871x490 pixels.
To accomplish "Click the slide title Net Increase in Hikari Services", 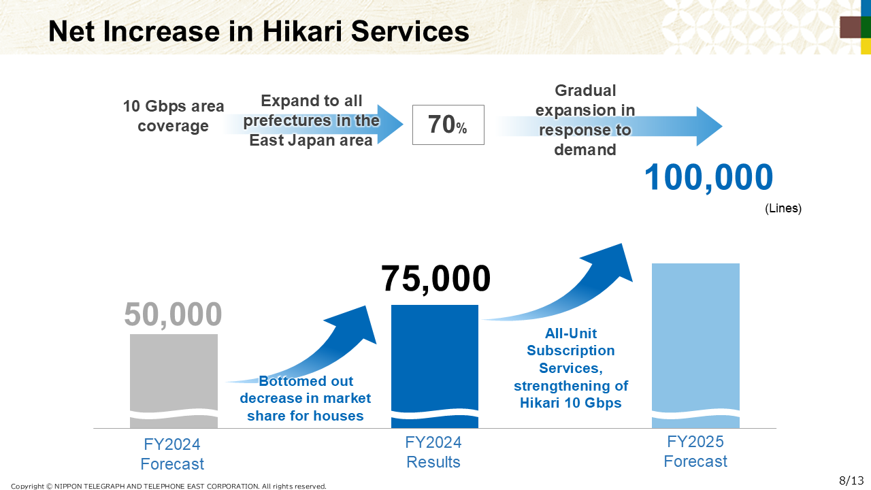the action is (x=259, y=31).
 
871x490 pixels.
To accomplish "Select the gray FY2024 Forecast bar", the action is (x=174, y=381).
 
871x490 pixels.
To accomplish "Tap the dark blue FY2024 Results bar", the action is (x=435, y=366).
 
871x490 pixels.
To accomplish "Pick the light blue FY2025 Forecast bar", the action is (x=695, y=346).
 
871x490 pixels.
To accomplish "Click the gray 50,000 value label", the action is (x=173, y=314).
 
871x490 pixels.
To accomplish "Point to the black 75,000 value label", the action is (x=436, y=278).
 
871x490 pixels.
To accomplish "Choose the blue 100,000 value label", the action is (x=709, y=178).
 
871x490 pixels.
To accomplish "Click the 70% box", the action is (x=448, y=125).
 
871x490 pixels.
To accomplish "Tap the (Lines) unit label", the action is (x=783, y=208).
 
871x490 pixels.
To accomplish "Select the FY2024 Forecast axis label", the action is (x=172, y=454).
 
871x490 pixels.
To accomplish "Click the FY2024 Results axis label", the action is (x=433, y=453).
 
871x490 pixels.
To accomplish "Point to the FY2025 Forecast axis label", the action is (x=695, y=451).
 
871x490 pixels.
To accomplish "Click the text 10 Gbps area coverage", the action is (x=174, y=116).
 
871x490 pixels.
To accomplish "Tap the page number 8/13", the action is (x=851, y=480).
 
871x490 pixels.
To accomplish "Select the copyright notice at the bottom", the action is (x=168, y=486).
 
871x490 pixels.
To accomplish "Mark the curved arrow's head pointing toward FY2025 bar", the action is (x=610, y=261).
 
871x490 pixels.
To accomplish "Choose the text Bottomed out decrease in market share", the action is (x=306, y=398).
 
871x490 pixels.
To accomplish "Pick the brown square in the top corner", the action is (x=851, y=27).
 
